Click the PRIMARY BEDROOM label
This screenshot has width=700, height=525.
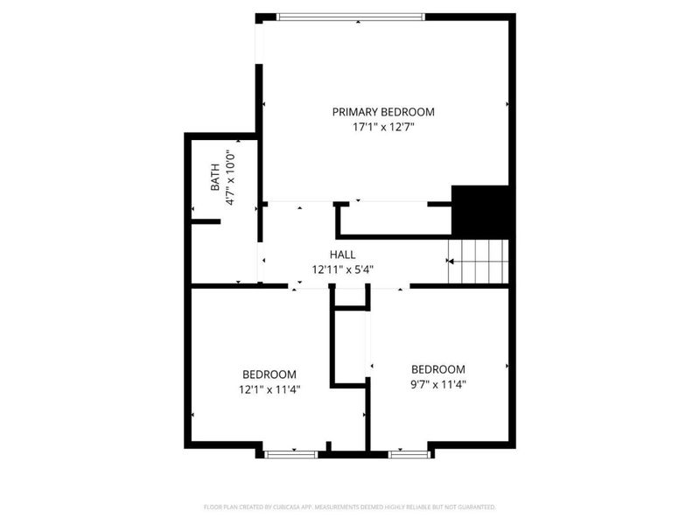(x=383, y=112)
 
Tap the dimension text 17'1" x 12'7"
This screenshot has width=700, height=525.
(x=383, y=128)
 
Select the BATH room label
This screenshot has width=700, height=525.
(x=215, y=179)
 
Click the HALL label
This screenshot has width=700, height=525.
(x=342, y=255)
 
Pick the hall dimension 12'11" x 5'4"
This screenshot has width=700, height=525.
(x=342, y=269)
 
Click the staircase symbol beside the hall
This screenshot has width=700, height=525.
(x=479, y=261)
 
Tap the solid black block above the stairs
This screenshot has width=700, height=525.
(x=480, y=212)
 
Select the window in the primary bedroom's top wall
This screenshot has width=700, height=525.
(x=351, y=16)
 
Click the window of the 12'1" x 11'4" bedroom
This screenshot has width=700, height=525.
(x=291, y=453)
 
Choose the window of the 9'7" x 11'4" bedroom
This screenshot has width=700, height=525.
(x=409, y=453)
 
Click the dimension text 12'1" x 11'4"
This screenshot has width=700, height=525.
(x=269, y=389)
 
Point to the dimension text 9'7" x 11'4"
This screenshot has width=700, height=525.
(x=438, y=384)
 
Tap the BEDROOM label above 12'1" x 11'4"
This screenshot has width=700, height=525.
(x=269, y=374)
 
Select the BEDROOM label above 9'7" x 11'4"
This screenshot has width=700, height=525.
(x=438, y=369)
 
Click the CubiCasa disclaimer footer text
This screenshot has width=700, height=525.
(x=350, y=507)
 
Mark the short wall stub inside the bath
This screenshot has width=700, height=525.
(x=206, y=221)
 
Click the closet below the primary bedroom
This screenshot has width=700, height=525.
(x=394, y=219)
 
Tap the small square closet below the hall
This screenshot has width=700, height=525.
(x=351, y=297)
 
